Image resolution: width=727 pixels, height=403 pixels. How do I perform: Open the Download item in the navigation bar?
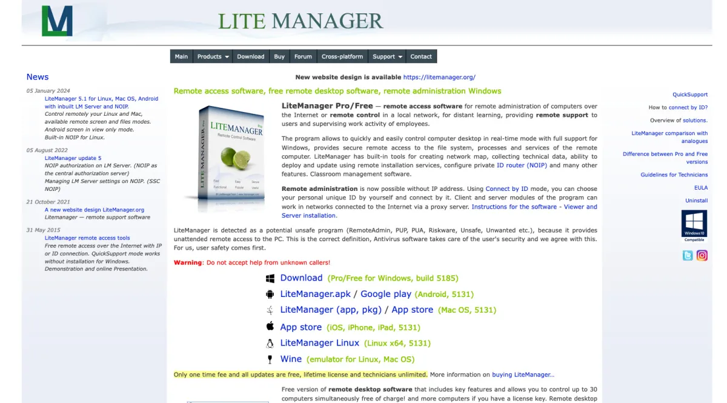coord(250,56)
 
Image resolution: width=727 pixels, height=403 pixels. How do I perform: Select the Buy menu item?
coord(279,56)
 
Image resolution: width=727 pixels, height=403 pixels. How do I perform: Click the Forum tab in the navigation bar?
coord(303,56)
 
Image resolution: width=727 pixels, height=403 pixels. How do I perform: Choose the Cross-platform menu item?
coord(342,56)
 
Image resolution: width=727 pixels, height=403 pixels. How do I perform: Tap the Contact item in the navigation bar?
coord(421,56)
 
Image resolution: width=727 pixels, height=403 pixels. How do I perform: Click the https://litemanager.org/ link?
coord(439,77)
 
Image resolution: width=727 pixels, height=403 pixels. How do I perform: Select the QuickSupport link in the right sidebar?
coord(690,95)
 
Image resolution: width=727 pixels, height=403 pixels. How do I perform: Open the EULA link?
coord(700,188)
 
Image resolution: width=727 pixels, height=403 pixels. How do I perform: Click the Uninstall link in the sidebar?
coord(696,201)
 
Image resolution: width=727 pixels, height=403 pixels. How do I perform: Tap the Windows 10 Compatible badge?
coord(694,225)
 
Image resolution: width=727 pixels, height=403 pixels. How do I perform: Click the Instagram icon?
coord(702,255)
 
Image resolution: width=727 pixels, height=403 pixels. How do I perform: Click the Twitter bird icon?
coord(688,255)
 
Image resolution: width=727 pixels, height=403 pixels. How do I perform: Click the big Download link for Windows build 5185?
coord(301,278)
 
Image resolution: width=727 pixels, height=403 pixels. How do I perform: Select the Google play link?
coord(386,294)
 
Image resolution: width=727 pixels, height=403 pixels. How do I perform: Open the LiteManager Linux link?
coord(319,343)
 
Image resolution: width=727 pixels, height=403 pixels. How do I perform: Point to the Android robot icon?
coord(270,294)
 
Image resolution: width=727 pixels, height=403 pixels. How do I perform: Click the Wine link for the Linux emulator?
coord(291,359)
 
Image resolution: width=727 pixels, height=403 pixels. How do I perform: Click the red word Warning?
coord(188,262)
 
